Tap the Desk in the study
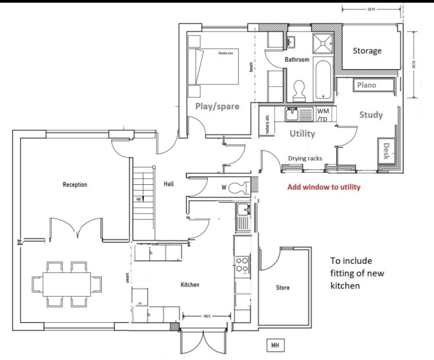coord(386,151)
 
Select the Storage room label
coord(366,51)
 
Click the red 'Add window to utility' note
coord(324,187)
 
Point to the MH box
coord(276,346)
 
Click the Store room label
coord(282,288)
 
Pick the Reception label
coord(75,185)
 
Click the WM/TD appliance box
coord(323,114)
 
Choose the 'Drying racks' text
coord(305,158)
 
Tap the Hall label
coord(168,184)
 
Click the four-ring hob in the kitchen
coord(243,265)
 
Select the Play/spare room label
coord(217,106)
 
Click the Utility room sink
coord(294,114)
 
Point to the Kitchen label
coord(189,284)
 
